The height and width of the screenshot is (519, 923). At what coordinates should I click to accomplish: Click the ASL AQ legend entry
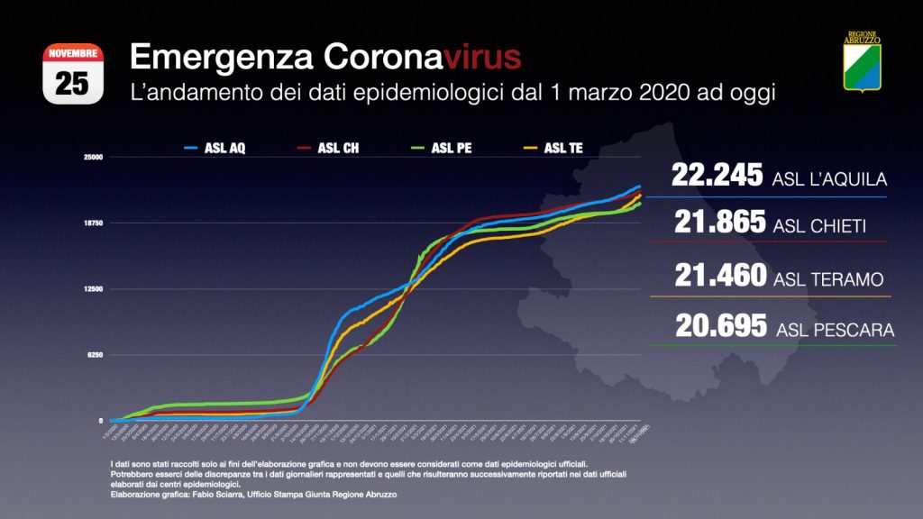coord(215,148)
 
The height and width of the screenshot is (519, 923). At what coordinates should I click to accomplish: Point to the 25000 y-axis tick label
coord(94,157)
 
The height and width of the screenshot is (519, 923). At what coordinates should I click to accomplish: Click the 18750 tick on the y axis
coord(94,223)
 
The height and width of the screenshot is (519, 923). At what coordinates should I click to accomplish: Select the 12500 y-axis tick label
coord(94,288)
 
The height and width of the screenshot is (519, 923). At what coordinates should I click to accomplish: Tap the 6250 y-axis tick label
coord(96,355)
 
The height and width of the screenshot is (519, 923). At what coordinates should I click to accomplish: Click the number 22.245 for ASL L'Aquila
coord(717,176)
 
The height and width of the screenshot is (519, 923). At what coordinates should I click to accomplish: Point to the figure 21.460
coord(717,277)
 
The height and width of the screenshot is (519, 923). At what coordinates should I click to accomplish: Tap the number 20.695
coord(718,326)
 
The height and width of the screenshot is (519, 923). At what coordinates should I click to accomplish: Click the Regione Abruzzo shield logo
coord(862,62)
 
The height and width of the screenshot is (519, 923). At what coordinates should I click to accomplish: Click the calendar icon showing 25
coord(72,75)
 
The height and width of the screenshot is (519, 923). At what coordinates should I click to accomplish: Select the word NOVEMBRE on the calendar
coord(72,54)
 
